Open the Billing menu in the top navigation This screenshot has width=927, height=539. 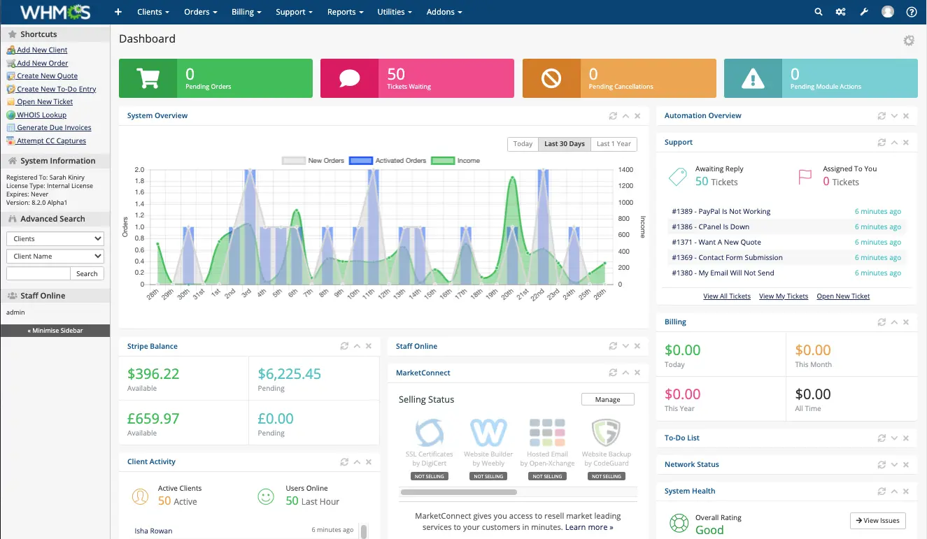tap(246, 12)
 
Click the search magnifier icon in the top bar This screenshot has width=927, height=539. tap(819, 12)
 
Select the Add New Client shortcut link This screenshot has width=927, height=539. tap(42, 50)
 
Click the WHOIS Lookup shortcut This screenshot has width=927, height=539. tap(41, 115)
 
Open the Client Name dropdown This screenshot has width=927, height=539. tap(55, 256)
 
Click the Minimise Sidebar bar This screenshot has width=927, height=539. tap(55, 331)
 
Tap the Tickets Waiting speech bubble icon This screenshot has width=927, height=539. tap(349, 78)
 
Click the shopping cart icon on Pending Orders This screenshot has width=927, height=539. tap(148, 78)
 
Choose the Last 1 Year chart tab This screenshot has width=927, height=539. tap(614, 144)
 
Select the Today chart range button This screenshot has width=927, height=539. tap(523, 144)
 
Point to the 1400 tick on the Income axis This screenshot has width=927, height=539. tap(625, 170)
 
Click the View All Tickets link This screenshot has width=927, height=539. tap(726, 296)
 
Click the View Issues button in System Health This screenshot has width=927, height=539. tap(877, 521)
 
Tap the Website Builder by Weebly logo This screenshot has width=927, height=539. tap(488, 433)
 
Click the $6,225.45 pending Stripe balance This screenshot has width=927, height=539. tap(289, 374)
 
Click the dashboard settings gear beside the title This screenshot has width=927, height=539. tap(908, 41)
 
